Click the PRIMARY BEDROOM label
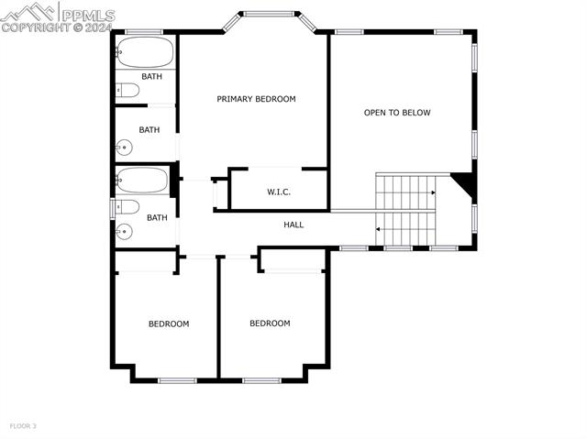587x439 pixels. click(x=256, y=99)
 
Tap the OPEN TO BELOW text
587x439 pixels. click(x=397, y=113)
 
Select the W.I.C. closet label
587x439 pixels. click(x=279, y=192)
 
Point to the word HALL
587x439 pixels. click(x=293, y=225)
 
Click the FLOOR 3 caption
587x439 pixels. click(x=23, y=425)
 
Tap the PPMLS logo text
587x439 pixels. click(x=86, y=14)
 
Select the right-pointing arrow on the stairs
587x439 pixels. click(x=432, y=193)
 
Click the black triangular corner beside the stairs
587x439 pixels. click(x=465, y=183)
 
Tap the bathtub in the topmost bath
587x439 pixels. click(x=145, y=51)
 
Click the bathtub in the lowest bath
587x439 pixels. click(x=143, y=180)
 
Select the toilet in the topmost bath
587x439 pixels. click(x=127, y=90)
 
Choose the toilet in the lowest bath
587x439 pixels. click(x=127, y=206)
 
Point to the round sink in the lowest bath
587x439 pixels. click(x=121, y=231)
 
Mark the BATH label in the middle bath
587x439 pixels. click(x=150, y=130)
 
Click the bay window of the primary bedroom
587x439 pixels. click(x=270, y=14)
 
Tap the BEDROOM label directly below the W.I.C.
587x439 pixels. click(x=270, y=324)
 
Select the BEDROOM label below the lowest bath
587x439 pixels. click(x=169, y=324)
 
